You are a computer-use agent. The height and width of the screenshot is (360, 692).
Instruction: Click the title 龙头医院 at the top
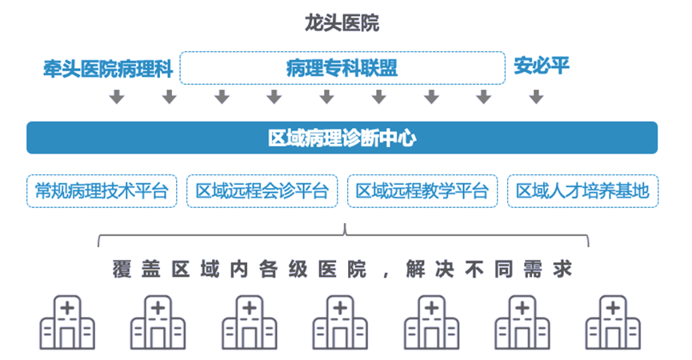tap(342, 23)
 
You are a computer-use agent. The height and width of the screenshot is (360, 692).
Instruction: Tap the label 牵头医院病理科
tap(108, 67)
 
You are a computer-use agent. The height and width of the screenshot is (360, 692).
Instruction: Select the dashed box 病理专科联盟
tap(342, 68)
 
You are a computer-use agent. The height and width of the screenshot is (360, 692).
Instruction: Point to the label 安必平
tap(542, 66)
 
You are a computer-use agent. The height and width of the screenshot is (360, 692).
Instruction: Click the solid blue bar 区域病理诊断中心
tap(342, 138)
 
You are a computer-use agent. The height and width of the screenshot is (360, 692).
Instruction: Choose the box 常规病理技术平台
tap(102, 191)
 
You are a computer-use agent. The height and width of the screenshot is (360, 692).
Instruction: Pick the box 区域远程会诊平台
tap(262, 191)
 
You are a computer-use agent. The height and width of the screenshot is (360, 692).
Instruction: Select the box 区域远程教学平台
tap(422, 191)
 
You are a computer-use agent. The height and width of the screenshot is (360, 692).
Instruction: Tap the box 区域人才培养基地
tap(582, 191)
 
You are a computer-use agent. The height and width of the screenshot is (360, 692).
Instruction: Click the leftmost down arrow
tap(117, 98)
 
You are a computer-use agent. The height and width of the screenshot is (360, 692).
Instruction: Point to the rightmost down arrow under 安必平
tap(536, 98)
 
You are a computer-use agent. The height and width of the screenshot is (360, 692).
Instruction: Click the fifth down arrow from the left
tap(326, 98)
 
